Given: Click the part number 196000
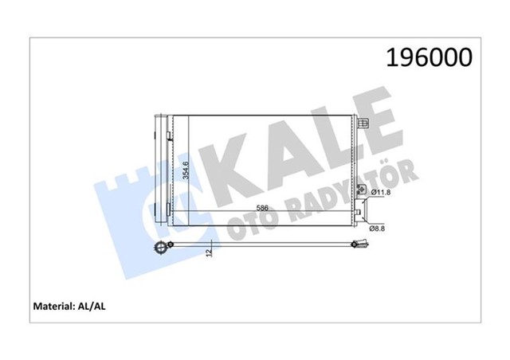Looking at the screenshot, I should point(430,57).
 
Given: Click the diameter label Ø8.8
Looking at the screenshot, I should point(380,229).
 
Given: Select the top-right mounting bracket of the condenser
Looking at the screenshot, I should point(363,124).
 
